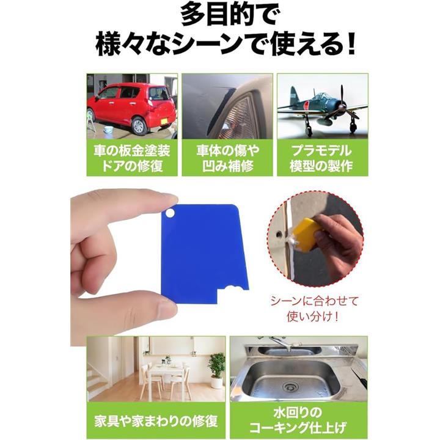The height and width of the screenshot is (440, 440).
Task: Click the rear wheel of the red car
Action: [x=139, y=126]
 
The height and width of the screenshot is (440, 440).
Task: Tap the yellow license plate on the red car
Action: [x=164, y=121]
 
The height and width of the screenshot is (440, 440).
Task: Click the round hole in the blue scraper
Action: [x=169, y=213]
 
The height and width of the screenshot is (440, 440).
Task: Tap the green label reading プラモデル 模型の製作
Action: [x=322, y=158]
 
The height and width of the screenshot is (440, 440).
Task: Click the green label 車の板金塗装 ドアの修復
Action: [x=132, y=158]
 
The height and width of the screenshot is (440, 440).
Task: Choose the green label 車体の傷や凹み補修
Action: [x=227, y=158]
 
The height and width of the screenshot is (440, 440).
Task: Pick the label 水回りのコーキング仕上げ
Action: [x=298, y=420]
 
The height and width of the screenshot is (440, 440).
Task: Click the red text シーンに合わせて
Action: [x=314, y=301]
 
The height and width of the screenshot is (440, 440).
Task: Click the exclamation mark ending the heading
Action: [x=350, y=44]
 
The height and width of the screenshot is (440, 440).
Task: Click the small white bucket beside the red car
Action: [x=109, y=130]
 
